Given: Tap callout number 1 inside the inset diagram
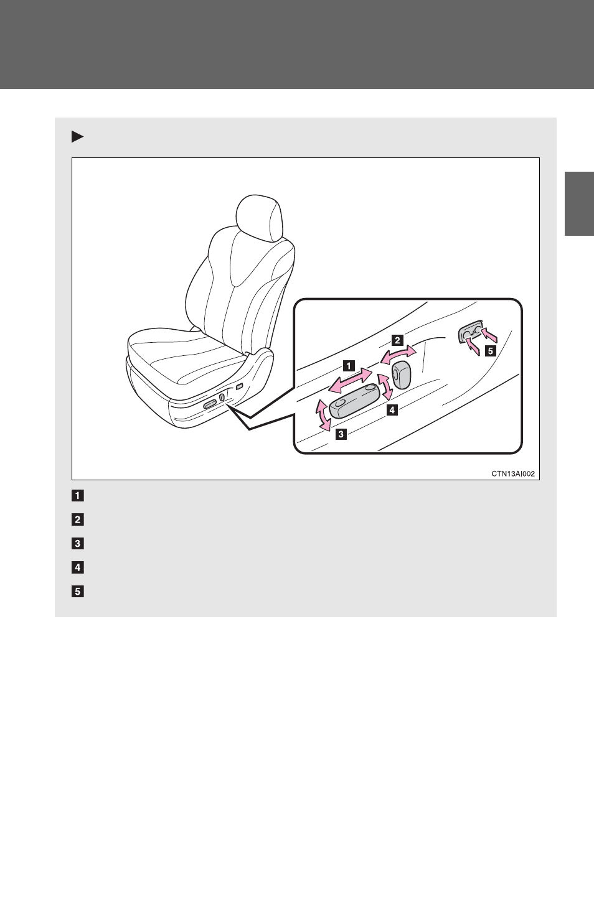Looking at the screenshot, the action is (349, 366).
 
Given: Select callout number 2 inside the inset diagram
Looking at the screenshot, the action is (397, 340).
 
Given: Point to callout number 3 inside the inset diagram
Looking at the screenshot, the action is (341, 434).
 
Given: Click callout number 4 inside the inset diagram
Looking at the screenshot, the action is (392, 409).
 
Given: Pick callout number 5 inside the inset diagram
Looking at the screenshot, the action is (490, 351).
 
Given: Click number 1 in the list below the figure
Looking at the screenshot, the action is (77, 496).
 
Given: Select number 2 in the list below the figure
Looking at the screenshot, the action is (77, 519).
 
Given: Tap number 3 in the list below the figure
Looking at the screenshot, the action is (77, 544).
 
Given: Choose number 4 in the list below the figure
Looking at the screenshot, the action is (77, 567).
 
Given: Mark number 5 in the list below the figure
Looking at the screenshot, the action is (77, 592).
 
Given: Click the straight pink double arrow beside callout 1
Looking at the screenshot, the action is (351, 381).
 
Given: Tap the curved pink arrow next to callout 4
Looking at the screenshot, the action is (385, 386).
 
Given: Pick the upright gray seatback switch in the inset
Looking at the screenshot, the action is (402, 374).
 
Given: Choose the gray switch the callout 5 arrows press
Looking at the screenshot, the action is (470, 334).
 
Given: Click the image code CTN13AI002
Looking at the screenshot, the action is (513, 473).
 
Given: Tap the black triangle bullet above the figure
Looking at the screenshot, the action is (77, 136).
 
